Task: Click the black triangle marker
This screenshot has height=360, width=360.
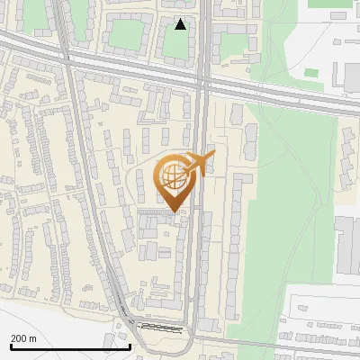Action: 181,24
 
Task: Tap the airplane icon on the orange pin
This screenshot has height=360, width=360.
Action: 200,162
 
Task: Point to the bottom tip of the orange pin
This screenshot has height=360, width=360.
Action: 174,211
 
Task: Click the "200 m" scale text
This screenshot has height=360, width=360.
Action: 24,338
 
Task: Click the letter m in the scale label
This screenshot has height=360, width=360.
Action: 33,338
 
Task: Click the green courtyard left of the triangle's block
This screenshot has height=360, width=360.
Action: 128,36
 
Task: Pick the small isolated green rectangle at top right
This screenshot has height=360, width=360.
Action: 310,71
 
